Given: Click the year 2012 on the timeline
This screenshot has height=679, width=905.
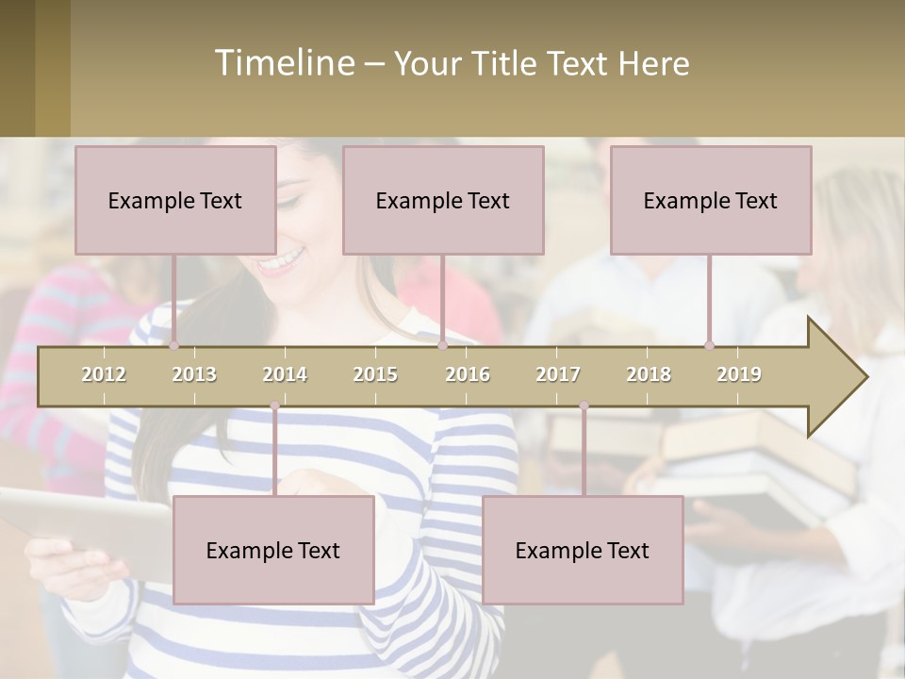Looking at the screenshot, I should click(104, 374).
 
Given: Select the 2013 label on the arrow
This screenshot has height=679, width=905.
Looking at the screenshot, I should click(194, 374).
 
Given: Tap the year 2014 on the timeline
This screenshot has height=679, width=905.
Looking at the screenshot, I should click(285, 374).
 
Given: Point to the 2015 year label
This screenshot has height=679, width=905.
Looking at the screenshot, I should click(375, 374).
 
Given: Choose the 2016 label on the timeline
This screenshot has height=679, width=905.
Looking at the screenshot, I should click(468, 374).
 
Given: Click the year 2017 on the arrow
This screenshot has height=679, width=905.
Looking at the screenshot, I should click(558, 374).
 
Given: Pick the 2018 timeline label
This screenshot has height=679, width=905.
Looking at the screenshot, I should click(649, 374).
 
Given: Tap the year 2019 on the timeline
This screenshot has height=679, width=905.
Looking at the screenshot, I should click(739, 374).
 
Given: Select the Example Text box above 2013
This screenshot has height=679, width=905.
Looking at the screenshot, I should click(175, 200).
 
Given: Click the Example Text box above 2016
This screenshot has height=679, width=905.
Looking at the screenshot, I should click(443, 200).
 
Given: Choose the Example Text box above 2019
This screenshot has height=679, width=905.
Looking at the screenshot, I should click(711, 200).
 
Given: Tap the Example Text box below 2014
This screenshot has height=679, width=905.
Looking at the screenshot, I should click(273, 550).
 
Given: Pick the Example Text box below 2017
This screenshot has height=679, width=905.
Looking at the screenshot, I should click(583, 550).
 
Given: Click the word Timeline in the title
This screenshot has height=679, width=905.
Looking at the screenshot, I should click(283, 63).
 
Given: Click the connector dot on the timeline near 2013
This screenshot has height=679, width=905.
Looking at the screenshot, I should click(173, 346).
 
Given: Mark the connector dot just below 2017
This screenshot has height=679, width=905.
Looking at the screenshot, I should click(584, 406).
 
